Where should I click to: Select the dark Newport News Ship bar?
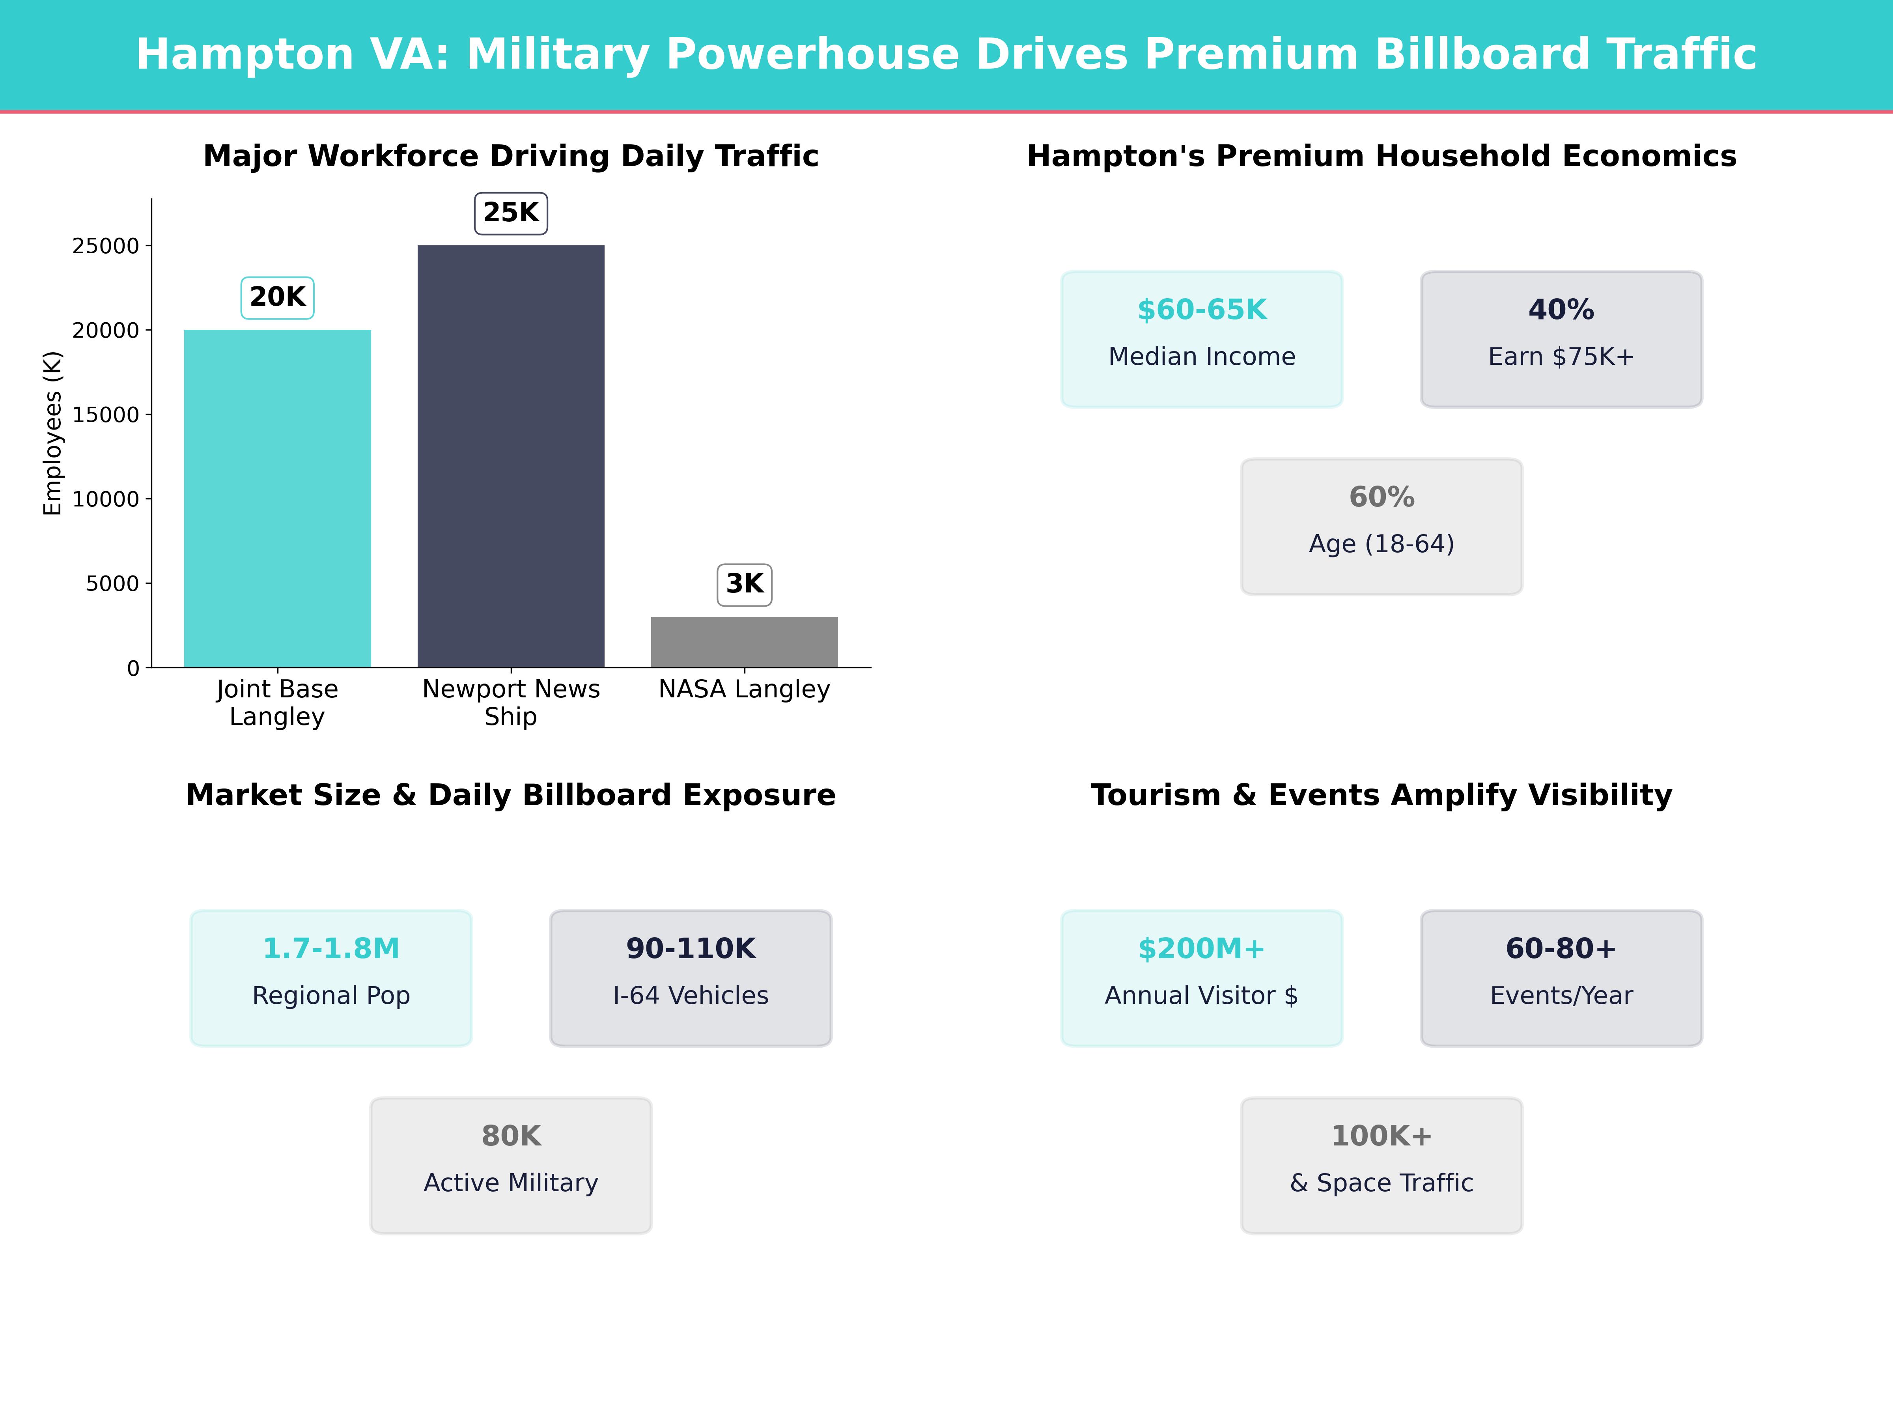tap(511, 456)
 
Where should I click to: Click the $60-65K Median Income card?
tap(1202, 339)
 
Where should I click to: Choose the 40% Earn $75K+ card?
tap(1561, 339)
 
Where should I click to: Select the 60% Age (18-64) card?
tap(1381, 527)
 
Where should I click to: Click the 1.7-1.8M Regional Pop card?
tap(331, 977)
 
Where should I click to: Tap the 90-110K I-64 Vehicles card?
tap(691, 977)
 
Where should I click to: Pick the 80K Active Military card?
tap(511, 1165)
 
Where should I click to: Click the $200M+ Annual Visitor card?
tap(1202, 977)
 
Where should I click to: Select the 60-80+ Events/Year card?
tap(1561, 977)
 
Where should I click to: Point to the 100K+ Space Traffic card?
tap(1381, 1165)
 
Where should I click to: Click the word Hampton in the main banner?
tap(245, 55)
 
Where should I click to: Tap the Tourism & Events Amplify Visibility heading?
tap(1381, 795)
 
